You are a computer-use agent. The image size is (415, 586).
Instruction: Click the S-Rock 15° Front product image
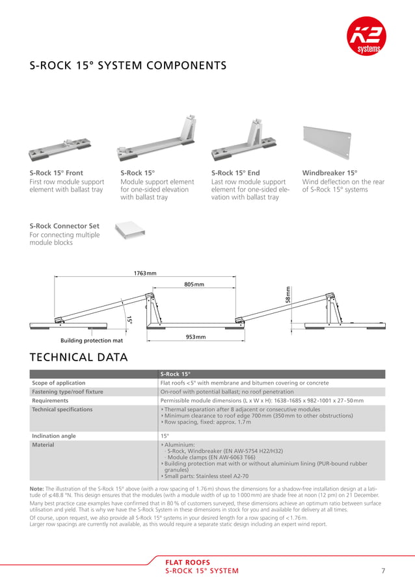pos(60,149)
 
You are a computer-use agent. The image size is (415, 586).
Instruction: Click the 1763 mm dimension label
pos(145,274)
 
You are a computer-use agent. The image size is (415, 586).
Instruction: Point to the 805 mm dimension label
pos(194,285)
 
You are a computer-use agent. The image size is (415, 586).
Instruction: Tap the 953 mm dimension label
pos(196,337)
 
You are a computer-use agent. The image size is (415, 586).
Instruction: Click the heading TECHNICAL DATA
pos(78,357)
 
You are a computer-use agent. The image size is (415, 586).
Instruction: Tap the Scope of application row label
pos(59,383)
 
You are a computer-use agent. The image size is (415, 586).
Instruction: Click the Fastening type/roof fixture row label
pos(68,392)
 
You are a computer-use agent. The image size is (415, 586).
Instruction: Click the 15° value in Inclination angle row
pos(165,436)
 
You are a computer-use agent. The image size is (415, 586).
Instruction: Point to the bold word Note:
pos(36,488)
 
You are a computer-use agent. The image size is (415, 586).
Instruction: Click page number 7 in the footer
pos(384,571)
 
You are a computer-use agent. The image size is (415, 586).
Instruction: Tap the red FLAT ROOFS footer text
pos(188,563)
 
